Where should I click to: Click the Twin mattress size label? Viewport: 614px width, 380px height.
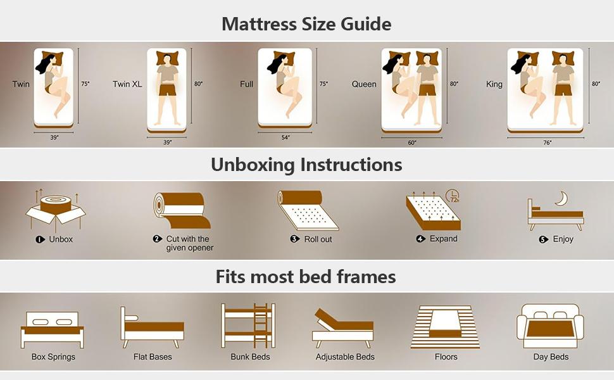21,84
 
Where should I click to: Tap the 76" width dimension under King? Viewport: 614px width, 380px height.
546,143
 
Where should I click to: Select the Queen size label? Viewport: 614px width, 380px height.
364,84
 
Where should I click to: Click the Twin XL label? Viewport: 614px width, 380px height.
127,84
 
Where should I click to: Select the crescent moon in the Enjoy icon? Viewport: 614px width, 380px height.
561,199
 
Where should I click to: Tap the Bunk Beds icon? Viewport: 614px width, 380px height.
247,326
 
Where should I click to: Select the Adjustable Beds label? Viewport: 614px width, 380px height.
345,357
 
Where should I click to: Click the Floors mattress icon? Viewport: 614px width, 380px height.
446,326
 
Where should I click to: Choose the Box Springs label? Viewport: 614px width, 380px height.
53,357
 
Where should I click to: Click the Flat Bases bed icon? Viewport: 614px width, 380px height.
153,327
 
